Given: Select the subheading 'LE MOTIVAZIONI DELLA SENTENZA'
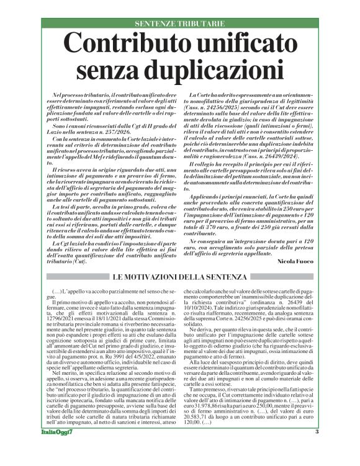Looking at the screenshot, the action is click(180, 277).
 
